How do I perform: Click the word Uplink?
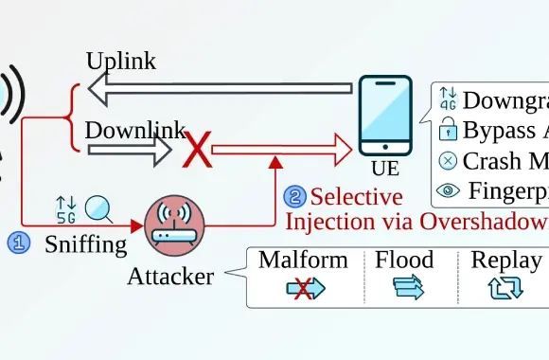pos(120,62)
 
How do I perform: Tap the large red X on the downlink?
pos(198,149)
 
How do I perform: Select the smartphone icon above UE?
pos(385,116)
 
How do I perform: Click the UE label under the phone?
pos(385,171)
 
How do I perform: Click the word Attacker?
pos(170,277)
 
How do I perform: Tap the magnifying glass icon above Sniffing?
pos(98,207)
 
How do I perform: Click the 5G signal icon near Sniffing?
pos(66,207)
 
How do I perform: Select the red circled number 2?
pos(295,198)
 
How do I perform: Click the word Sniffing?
pos(85,244)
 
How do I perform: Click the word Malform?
pos(304,261)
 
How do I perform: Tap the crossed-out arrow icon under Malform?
pos(305,289)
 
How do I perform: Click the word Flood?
pos(404,261)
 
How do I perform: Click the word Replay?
pos(506,261)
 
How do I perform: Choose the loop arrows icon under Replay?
pos(505,289)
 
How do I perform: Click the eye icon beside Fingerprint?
pos(448,190)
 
